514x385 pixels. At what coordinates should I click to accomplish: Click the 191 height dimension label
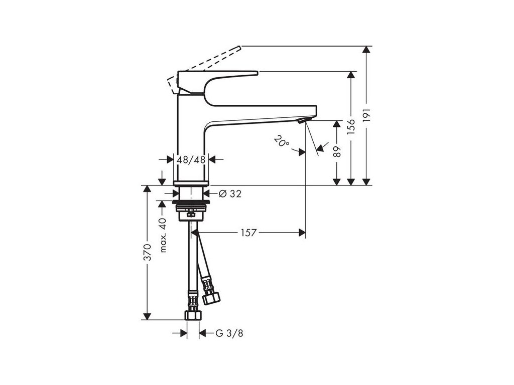[367, 115]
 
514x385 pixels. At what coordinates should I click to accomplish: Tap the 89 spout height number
[337, 151]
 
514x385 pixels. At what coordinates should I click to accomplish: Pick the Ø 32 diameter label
[230, 194]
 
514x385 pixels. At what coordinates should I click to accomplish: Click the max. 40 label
[162, 235]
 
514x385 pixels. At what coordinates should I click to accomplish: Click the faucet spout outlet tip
[301, 121]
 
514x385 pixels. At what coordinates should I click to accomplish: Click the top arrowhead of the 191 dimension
[367, 50]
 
